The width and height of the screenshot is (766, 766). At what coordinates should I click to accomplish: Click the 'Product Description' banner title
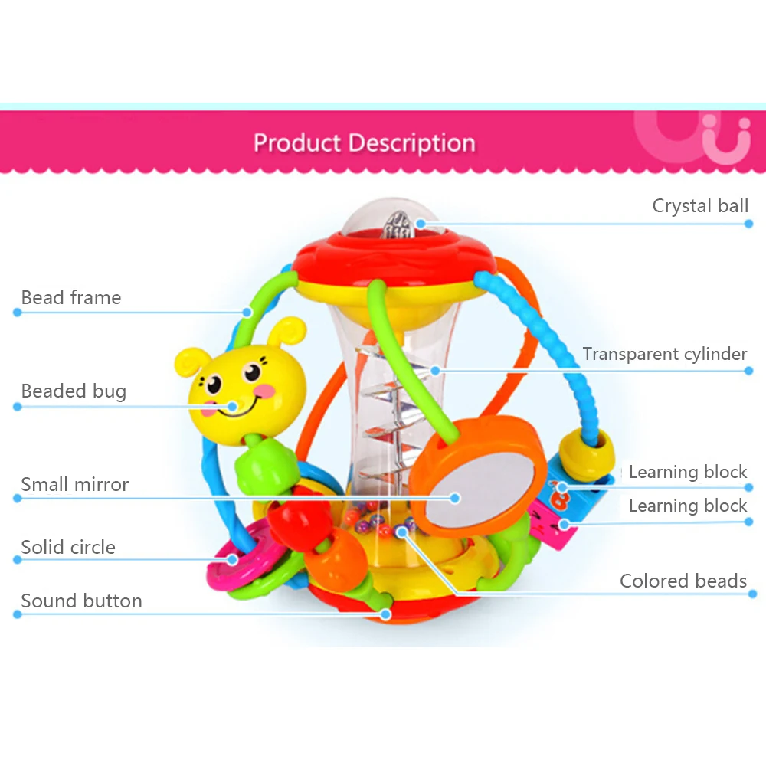pyautogui.click(x=365, y=143)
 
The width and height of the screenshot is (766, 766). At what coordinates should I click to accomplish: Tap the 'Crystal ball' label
pyautogui.click(x=700, y=205)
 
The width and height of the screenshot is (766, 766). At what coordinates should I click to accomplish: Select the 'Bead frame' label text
pyautogui.click(x=70, y=297)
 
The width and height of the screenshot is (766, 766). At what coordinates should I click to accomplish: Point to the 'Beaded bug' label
pyautogui.click(x=74, y=391)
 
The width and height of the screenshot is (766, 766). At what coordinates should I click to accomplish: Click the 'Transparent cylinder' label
pyautogui.click(x=664, y=354)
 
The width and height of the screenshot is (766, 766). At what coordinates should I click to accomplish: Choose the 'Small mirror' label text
pyautogui.click(x=75, y=485)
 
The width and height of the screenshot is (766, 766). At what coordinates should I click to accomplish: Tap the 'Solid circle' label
pyautogui.click(x=68, y=547)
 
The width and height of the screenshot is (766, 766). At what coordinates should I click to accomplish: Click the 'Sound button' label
pyautogui.click(x=82, y=601)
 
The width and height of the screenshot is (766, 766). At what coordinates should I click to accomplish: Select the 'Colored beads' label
pyautogui.click(x=683, y=581)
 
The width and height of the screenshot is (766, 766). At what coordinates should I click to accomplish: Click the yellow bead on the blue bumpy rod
pyautogui.click(x=586, y=455)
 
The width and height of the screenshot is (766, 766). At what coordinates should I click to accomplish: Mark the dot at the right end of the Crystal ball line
pyautogui.click(x=748, y=224)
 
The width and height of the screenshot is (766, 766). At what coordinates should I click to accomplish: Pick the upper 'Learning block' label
pyautogui.click(x=688, y=472)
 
